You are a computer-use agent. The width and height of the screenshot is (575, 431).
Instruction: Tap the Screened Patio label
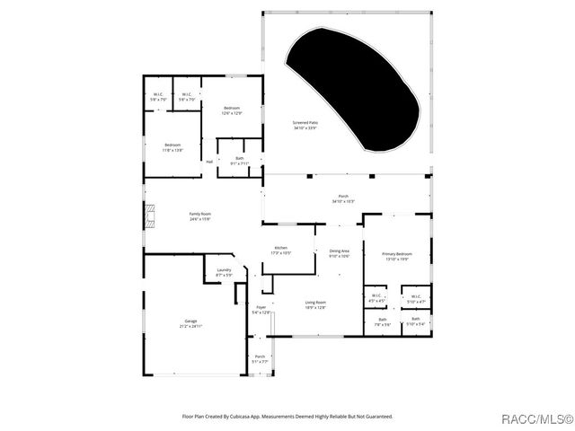click(305, 125)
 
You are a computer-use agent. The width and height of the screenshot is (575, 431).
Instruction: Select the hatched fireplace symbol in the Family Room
click(150, 215)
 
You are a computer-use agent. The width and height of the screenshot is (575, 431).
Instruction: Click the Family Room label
click(199, 215)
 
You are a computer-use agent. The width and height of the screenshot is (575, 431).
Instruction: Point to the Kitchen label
click(281, 250)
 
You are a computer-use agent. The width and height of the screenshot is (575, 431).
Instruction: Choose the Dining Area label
click(339, 253)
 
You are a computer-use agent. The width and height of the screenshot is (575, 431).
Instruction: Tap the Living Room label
click(315, 304)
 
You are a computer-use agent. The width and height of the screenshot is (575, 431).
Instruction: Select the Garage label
click(190, 322)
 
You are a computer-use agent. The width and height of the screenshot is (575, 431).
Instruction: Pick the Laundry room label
click(224, 271)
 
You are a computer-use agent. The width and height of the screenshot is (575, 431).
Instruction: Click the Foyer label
click(261, 310)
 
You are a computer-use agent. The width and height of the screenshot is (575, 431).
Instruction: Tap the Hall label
click(209, 162)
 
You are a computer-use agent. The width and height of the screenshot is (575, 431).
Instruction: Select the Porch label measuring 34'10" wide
click(343, 198)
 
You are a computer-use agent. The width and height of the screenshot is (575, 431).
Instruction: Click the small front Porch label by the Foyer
click(260, 358)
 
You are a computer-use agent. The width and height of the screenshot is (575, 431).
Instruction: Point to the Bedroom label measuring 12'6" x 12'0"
click(232, 110)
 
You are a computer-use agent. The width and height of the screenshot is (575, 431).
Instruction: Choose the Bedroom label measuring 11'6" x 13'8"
click(172, 147)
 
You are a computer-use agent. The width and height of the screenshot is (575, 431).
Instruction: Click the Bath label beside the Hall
click(239, 161)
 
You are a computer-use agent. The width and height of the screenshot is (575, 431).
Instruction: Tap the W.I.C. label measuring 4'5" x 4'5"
click(377, 298)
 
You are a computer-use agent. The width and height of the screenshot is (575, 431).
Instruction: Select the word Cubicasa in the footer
click(245, 417)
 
